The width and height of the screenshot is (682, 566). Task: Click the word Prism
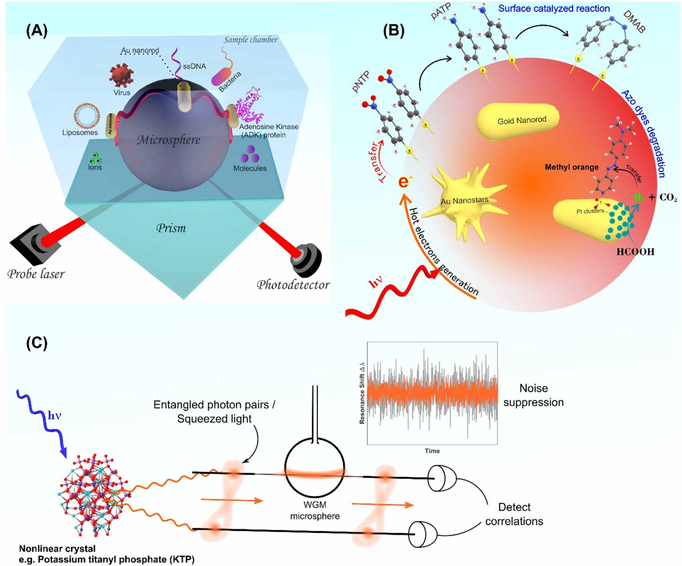click(x=171, y=228)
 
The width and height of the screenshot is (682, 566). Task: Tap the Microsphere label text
click(x=168, y=140)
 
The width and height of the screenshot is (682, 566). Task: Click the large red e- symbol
click(x=405, y=182)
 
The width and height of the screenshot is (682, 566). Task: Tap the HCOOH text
click(x=635, y=252)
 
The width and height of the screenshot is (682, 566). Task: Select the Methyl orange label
click(x=571, y=167)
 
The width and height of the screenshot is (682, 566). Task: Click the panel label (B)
click(x=393, y=31)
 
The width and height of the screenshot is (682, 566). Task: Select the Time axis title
click(x=432, y=451)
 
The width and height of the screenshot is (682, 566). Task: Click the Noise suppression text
click(x=533, y=395)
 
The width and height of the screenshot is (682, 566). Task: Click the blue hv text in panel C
click(x=54, y=416)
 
